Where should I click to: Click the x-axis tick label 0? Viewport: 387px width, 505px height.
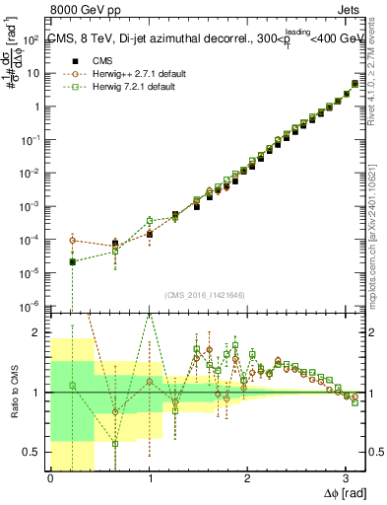click(50, 479)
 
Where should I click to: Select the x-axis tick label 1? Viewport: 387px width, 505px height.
click(149, 479)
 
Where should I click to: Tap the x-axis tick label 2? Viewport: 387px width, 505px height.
click(247, 479)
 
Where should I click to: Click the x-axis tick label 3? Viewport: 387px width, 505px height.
click(346, 479)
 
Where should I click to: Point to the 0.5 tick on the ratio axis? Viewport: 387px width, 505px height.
click(34, 452)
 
